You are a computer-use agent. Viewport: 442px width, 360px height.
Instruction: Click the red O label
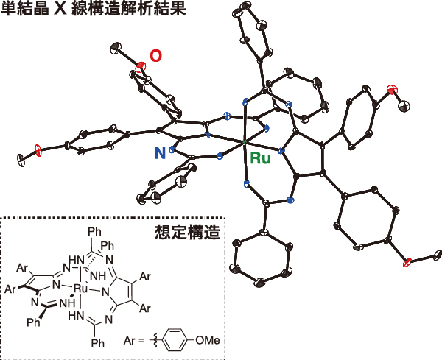[x=156, y=56]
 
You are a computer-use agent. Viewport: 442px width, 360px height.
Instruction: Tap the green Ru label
[x=260, y=158]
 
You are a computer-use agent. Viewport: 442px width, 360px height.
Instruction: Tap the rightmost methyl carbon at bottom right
[x=437, y=255]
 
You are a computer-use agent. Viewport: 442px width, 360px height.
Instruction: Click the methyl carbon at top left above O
[x=116, y=49]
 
